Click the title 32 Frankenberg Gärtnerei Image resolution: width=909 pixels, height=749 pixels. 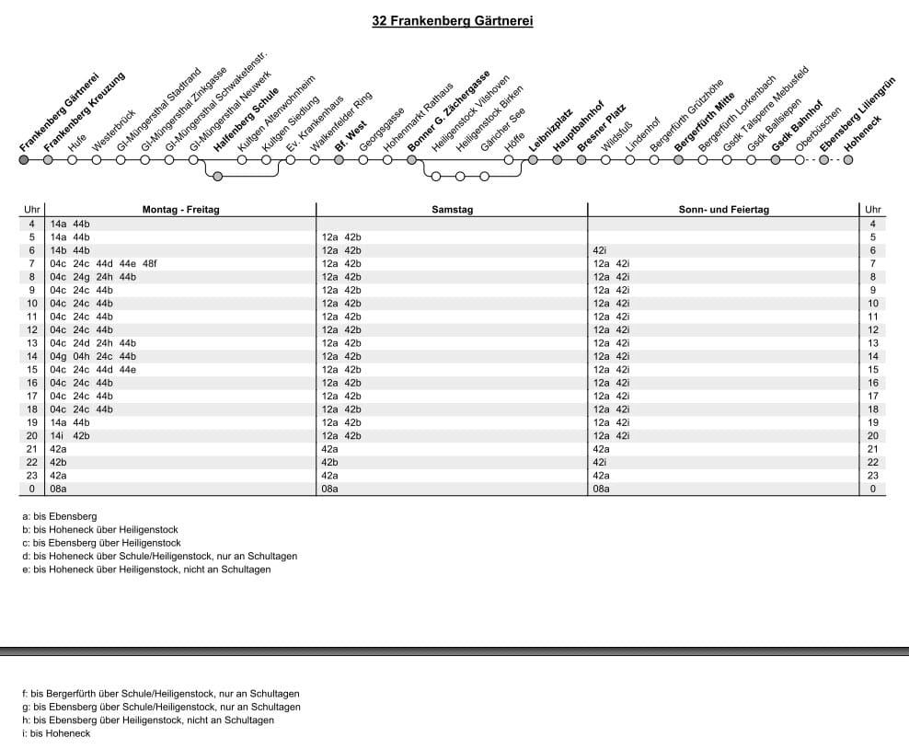(x=453, y=20)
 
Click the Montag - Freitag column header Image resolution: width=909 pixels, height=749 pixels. (x=180, y=210)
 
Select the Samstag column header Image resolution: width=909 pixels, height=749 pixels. (x=452, y=210)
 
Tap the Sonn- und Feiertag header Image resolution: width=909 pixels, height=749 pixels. (x=723, y=210)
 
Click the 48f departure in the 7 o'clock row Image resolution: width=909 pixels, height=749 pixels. (x=150, y=263)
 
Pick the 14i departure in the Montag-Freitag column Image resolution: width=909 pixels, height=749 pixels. (x=57, y=435)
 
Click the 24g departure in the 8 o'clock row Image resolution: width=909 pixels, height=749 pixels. (x=81, y=276)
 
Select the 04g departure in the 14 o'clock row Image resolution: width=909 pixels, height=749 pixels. (x=57, y=356)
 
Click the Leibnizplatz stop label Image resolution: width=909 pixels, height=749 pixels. (x=551, y=130)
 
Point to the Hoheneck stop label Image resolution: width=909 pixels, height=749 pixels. (x=863, y=133)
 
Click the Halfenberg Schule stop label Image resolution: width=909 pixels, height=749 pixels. (x=246, y=120)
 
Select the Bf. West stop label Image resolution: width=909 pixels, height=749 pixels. (x=351, y=134)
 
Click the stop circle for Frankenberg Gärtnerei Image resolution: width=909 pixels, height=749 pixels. (x=24, y=159)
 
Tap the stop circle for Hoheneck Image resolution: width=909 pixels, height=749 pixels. (x=847, y=159)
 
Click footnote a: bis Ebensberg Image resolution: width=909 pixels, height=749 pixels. (x=59, y=517)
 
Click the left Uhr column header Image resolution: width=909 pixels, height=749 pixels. (x=31, y=210)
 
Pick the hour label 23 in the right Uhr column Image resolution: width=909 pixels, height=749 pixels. (x=872, y=476)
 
